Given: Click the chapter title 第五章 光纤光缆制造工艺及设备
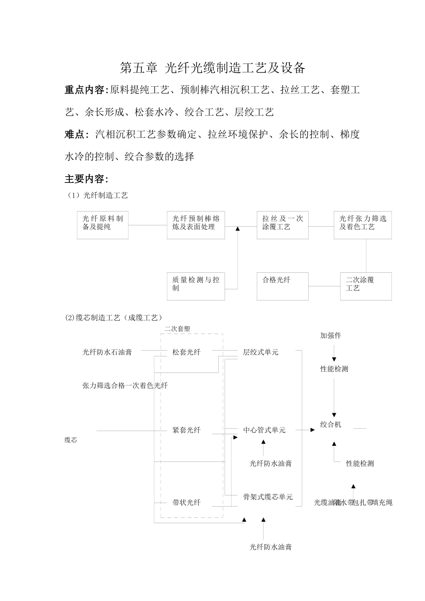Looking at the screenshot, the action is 212,68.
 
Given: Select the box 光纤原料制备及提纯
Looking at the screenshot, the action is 102,225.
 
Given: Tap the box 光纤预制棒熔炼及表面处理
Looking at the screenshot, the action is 195,225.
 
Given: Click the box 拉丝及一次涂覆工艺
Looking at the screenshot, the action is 282,225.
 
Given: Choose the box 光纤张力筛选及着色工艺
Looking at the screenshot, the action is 362,225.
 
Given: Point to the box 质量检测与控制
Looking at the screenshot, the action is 195,286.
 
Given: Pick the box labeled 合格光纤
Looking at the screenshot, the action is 282,286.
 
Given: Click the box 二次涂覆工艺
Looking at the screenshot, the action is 365,286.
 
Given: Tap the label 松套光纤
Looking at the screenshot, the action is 187,352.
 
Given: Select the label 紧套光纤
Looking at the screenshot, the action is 187,430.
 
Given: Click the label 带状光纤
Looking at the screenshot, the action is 187,503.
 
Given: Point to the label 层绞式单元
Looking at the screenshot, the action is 261,352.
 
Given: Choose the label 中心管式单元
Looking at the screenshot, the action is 264,430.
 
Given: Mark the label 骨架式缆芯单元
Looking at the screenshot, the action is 268,497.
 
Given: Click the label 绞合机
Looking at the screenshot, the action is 331,424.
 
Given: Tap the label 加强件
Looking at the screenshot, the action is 331,335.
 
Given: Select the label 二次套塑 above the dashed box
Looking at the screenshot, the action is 177,329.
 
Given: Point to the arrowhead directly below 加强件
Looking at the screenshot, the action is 334,359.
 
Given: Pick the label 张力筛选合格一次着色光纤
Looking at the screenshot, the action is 125,385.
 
